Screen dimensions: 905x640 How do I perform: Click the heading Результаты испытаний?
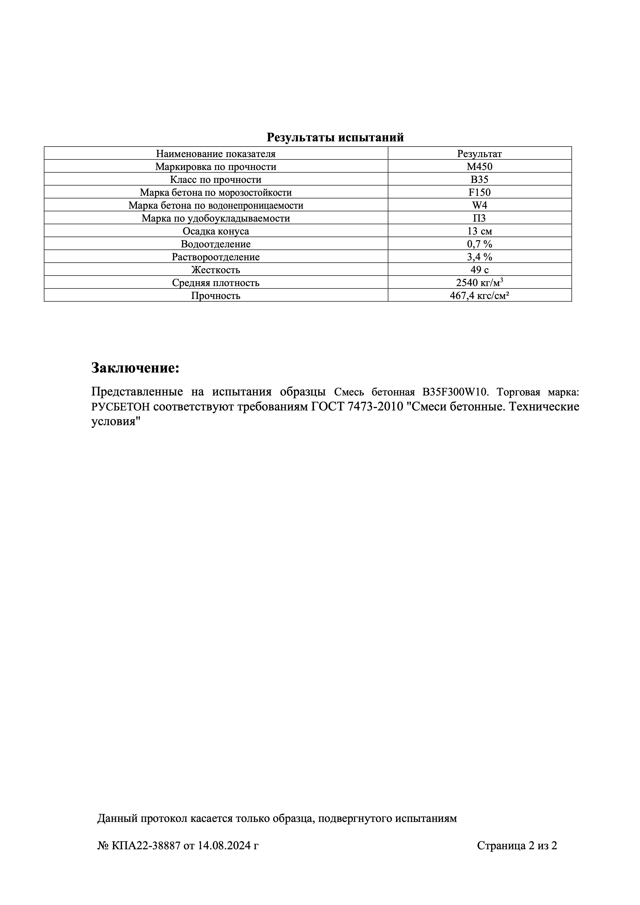(335, 138)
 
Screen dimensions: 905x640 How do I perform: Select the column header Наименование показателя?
(216, 154)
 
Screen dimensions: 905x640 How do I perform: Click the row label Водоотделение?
(216, 244)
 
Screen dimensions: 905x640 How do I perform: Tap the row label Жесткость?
(216, 270)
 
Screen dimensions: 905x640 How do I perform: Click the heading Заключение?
(135, 368)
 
